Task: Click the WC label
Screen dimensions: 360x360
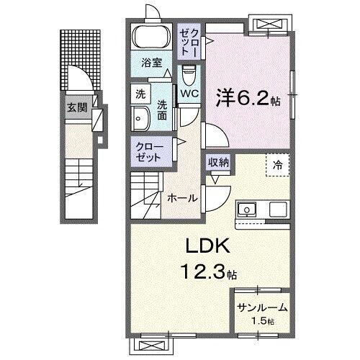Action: click(x=190, y=94)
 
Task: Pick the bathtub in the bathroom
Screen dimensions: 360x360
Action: click(x=150, y=37)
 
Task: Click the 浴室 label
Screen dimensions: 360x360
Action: click(x=150, y=62)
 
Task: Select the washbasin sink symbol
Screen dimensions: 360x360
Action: click(x=140, y=119)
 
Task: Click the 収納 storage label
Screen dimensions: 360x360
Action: click(x=219, y=163)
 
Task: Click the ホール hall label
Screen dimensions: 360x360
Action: click(x=182, y=197)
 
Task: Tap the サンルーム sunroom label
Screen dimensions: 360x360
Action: click(x=262, y=307)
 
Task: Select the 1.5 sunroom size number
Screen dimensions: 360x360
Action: click(x=260, y=321)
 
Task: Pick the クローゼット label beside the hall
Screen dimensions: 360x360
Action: click(x=150, y=152)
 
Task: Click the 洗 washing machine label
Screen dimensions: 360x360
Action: click(x=140, y=94)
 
